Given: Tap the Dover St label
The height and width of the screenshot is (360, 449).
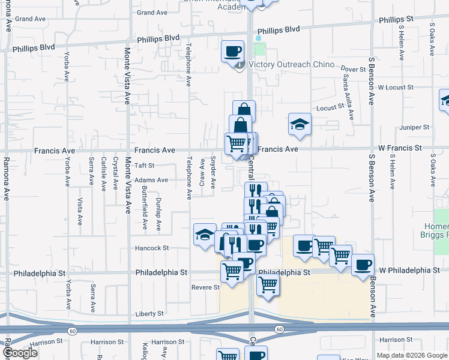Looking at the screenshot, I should pos(353,70).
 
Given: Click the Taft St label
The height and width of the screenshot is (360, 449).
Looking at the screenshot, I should pos(144,165).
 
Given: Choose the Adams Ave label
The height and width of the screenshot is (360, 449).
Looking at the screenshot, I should pos(151,180).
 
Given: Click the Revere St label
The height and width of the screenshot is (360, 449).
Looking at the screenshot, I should pos(206,287).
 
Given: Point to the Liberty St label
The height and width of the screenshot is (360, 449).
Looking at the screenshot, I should pos(149,313).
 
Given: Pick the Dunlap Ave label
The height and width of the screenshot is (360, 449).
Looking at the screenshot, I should pos(158,214).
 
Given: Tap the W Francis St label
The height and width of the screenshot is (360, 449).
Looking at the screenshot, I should pos(400,148).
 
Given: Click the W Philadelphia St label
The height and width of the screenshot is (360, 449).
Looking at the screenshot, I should pos(409,271).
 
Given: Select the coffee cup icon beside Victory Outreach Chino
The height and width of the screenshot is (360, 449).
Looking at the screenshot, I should pos(232,51).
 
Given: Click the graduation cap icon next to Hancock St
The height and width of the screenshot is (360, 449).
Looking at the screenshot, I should pos(205,234).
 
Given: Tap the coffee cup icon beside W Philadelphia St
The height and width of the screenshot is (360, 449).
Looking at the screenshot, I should pos(362,265).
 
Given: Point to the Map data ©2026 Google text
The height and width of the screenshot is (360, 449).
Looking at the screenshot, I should pos(412,355).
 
